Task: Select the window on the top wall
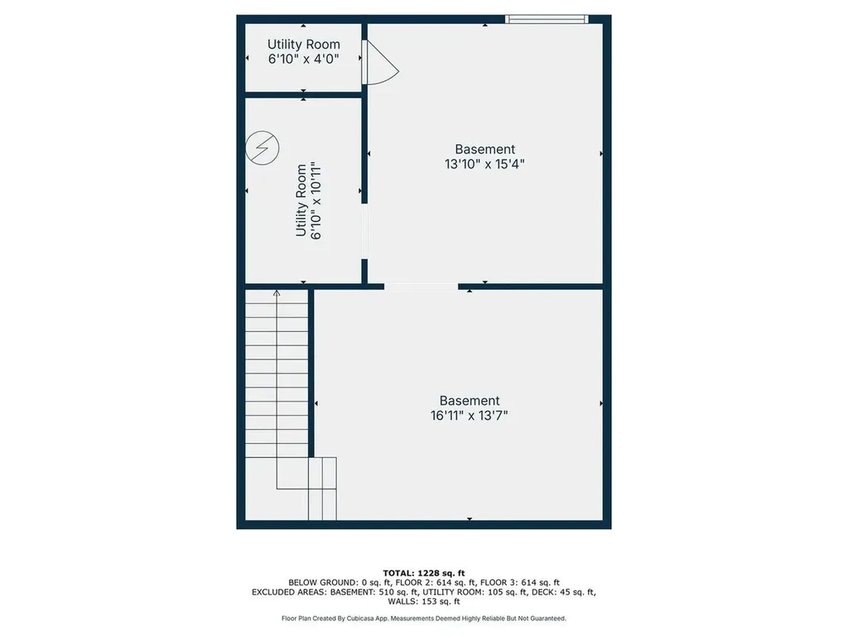point(547,18)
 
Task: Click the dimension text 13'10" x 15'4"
point(484,164)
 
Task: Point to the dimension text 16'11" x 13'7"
point(470,416)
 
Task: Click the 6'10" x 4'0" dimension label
point(303,59)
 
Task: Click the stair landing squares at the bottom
point(322,488)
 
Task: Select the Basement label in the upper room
point(484,149)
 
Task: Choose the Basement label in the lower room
point(470,400)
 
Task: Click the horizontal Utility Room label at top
point(303,44)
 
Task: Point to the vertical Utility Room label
point(301,201)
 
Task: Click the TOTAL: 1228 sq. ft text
point(424,573)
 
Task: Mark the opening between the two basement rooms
point(421,287)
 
